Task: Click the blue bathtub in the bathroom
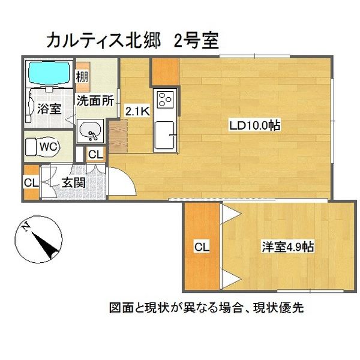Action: pos(48,73)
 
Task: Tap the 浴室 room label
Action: pos(49,109)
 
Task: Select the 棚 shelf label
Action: pos(82,76)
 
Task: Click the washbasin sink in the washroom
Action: pos(91,130)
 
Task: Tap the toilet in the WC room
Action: pos(43,146)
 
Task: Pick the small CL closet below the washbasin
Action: pos(95,154)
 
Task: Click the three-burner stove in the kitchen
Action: pos(165,97)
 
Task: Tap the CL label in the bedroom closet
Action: pos(202,246)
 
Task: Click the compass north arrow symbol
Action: pos(41,239)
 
